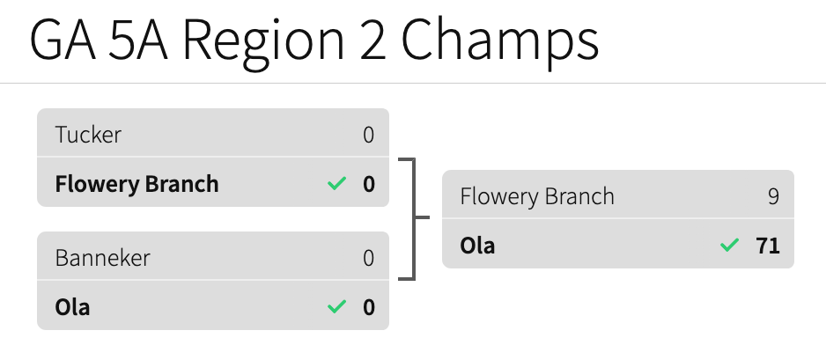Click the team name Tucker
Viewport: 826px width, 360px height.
pyautogui.click(x=88, y=135)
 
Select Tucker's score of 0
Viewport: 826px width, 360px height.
pyautogui.click(x=368, y=135)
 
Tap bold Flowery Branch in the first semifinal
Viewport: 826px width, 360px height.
pyautogui.click(x=136, y=184)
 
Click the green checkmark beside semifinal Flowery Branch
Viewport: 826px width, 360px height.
pyautogui.click(x=336, y=184)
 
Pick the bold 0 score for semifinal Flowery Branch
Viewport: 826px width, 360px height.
pyautogui.click(x=368, y=184)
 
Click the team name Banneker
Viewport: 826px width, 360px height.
pyautogui.click(x=102, y=258)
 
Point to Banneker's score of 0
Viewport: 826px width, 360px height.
pyautogui.click(x=368, y=258)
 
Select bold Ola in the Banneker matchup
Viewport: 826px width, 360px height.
pyautogui.click(x=72, y=307)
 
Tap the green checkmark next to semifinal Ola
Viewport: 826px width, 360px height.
pyautogui.click(x=336, y=307)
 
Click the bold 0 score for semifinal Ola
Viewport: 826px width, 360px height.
pyautogui.click(x=368, y=307)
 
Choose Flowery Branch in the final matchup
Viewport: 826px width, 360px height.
pyautogui.click(x=537, y=196)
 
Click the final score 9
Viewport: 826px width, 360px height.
pyautogui.click(x=773, y=196)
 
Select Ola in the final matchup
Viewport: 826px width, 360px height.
pyautogui.click(x=477, y=246)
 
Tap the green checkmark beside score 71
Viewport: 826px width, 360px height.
pyautogui.click(x=729, y=246)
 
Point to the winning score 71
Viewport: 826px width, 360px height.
pyautogui.click(x=768, y=246)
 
